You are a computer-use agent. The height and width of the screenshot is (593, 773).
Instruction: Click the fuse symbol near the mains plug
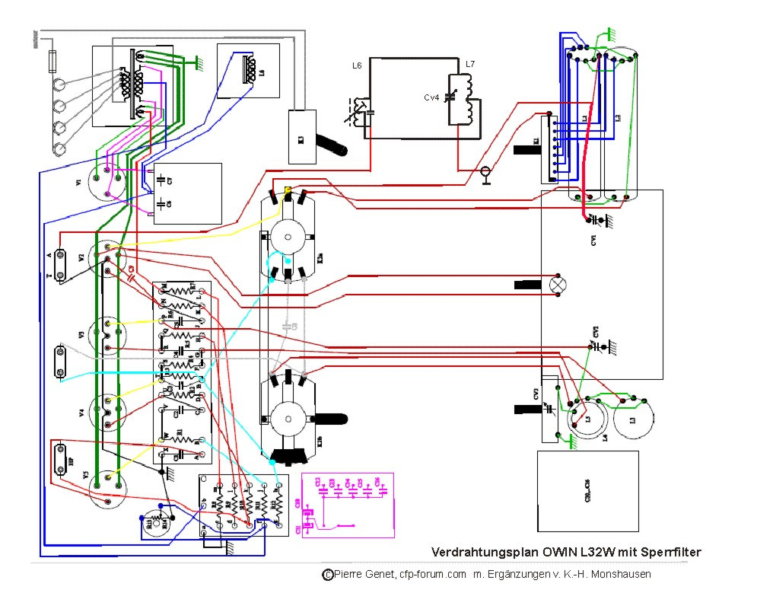click(52, 59)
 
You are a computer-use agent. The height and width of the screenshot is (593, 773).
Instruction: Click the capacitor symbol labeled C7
click(162, 180)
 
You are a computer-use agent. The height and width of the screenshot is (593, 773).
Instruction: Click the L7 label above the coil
click(470, 65)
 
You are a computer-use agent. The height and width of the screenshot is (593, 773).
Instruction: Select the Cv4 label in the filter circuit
click(431, 97)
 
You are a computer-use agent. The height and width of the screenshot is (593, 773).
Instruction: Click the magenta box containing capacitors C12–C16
click(348, 505)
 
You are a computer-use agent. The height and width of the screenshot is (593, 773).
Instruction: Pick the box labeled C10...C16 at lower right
click(587, 491)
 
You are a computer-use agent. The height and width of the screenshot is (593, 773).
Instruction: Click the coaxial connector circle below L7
click(485, 174)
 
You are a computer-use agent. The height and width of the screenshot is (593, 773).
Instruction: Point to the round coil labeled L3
click(633, 420)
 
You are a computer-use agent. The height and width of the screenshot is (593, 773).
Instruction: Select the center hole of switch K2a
click(289, 237)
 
